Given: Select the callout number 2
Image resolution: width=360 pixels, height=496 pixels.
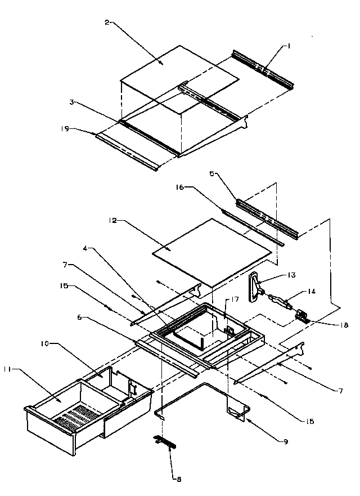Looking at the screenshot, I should tap(107, 22).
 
